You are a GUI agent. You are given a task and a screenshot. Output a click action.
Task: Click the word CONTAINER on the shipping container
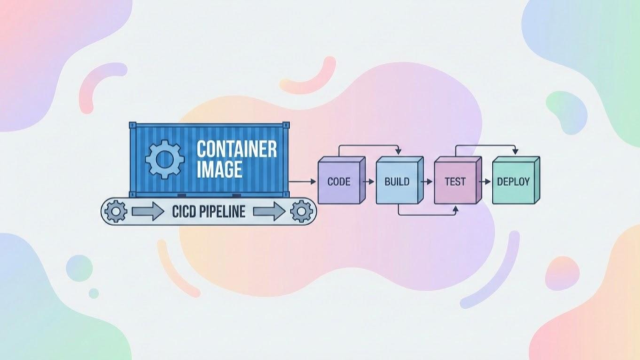click(236, 149)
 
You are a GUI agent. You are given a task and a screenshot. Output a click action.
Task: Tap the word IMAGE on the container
click(219, 169)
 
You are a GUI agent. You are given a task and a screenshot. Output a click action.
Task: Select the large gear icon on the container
click(165, 159)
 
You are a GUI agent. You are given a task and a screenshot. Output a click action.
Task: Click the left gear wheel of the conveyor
click(116, 212)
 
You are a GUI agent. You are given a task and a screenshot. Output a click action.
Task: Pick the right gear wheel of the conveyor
click(301, 212)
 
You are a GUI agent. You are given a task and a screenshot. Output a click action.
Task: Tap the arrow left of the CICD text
click(147, 213)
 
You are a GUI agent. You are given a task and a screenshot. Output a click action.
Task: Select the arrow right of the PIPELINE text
click(267, 213)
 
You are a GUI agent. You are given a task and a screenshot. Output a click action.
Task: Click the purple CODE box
click(339, 181)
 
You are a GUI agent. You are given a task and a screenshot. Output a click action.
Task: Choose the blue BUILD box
click(397, 181)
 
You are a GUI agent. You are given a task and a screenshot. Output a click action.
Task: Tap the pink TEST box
click(455, 181)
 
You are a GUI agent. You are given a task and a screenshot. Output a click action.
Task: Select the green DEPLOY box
click(514, 181)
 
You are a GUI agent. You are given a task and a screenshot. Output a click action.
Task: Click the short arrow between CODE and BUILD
click(369, 181)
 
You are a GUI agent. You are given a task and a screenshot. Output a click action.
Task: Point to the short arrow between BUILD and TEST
click(427, 181)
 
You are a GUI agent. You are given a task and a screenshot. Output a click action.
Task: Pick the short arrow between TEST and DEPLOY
click(485, 181)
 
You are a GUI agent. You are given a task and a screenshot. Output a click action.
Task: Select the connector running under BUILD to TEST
click(427, 215)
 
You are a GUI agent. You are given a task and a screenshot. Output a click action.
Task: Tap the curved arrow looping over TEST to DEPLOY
click(485, 145)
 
